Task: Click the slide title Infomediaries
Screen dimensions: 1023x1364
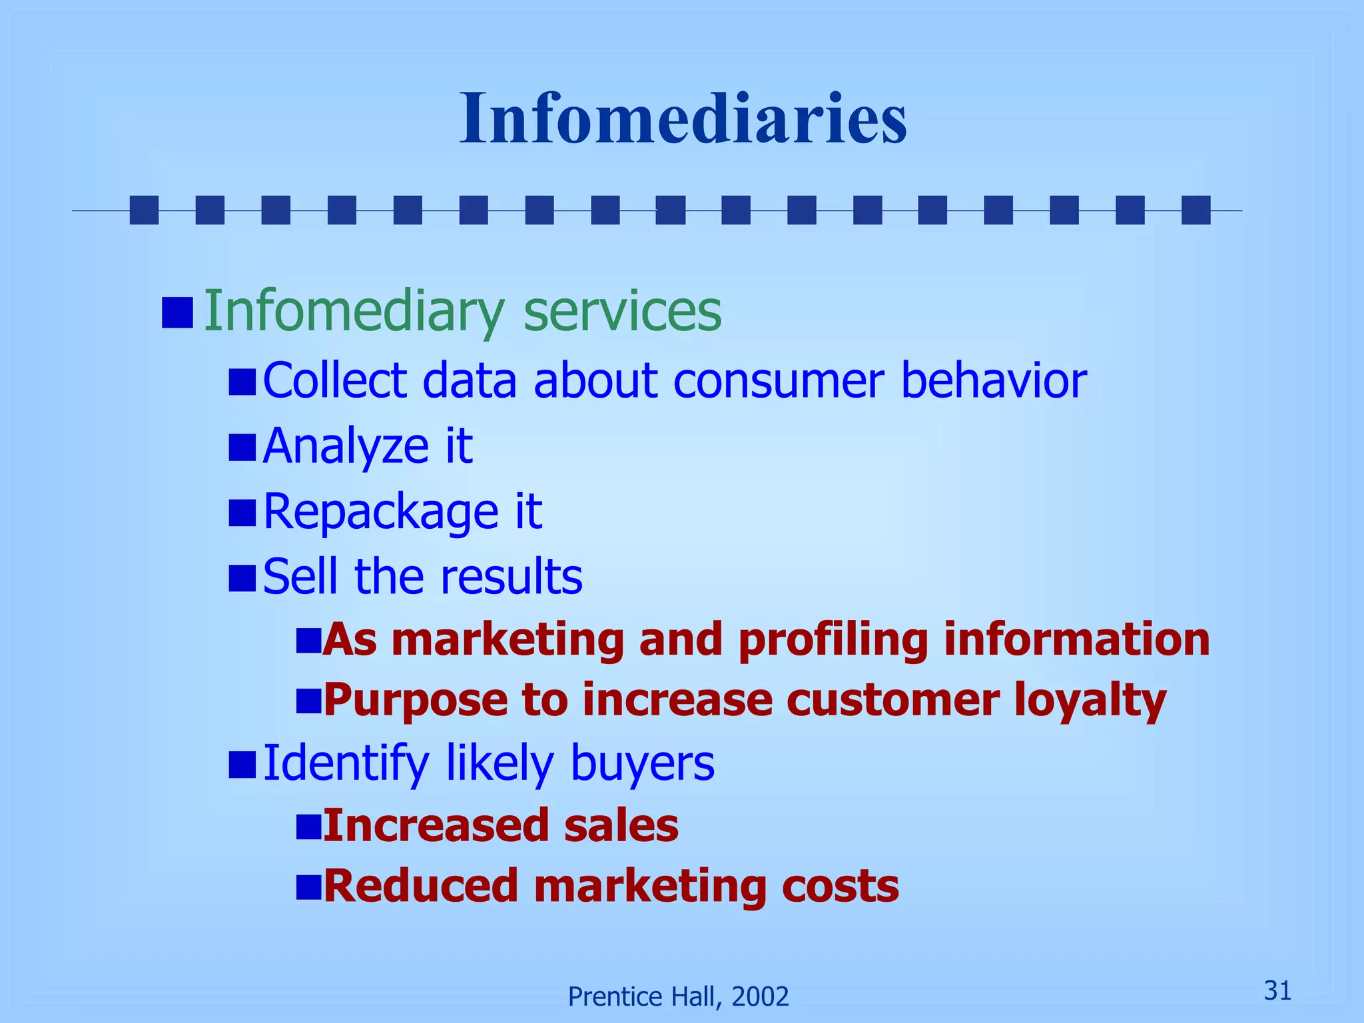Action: [683, 119]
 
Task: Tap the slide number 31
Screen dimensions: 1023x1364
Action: [1277, 990]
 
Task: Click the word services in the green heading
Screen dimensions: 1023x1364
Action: [622, 311]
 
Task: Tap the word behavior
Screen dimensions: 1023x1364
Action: [993, 380]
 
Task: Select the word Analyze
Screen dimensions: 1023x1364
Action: [346, 446]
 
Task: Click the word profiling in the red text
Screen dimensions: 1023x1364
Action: [833, 639]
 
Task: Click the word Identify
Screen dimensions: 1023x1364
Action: [346, 763]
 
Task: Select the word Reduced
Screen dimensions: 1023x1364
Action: [420, 886]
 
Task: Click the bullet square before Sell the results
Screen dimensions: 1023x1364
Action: [242, 577]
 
